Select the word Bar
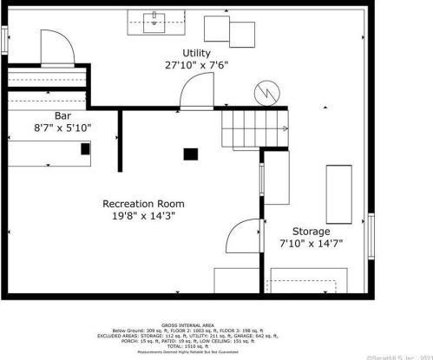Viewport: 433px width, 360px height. tap(62, 115)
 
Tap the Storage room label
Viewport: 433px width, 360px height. tap(311, 232)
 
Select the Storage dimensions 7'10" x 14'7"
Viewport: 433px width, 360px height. tap(311, 245)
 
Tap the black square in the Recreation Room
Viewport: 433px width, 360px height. tap(190, 154)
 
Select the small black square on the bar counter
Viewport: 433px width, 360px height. tap(85, 148)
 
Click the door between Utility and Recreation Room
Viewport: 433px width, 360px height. tap(197, 91)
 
